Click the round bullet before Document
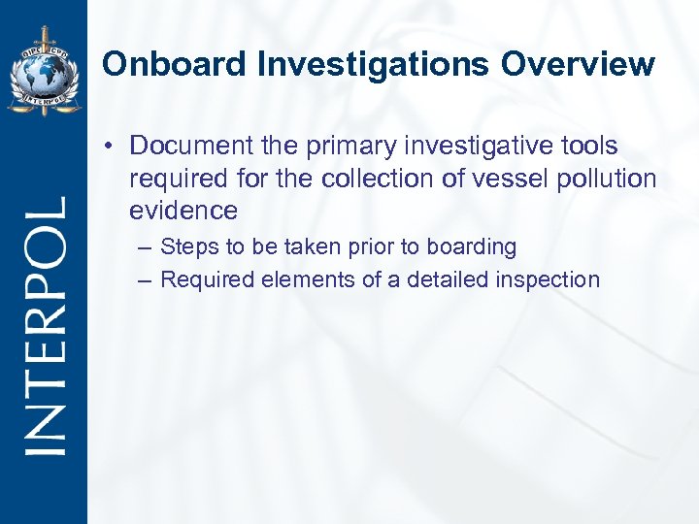(x=114, y=146)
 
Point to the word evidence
(x=183, y=211)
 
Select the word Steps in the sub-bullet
(x=188, y=247)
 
